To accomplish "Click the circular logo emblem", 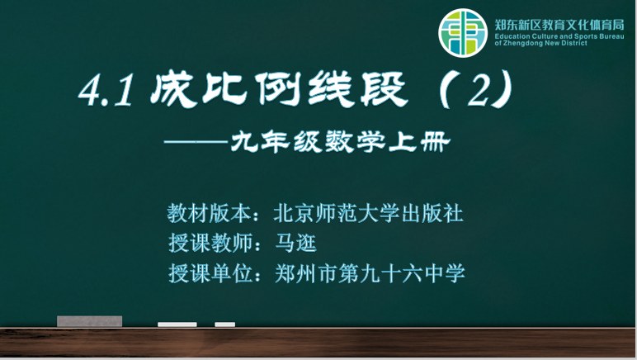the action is (463, 33).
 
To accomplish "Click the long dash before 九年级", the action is (196, 142).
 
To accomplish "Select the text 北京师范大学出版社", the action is (369, 213).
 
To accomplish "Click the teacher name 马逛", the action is (295, 244).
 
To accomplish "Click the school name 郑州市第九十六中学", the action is (370, 273).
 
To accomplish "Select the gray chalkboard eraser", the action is (89, 321).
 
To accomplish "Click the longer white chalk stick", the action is (177, 324).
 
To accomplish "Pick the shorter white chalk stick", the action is (225, 324).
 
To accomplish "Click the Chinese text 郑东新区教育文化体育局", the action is (559, 26).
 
